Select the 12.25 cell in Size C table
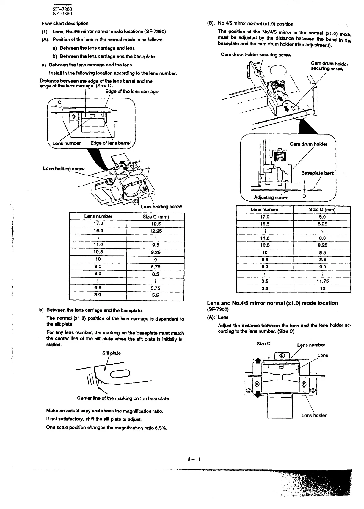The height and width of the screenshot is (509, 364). coord(155,231)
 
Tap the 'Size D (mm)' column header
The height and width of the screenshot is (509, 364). coord(322,210)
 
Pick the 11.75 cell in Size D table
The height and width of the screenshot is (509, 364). coord(322,281)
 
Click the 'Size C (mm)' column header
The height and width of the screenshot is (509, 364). coord(155,217)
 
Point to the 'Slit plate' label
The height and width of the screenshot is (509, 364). coord(111,353)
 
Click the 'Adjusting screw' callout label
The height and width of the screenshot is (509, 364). coord(271,197)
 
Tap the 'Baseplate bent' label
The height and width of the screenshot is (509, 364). coord(317,173)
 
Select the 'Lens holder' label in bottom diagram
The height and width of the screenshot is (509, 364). coord(314,415)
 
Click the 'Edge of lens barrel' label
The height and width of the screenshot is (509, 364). coord(110,143)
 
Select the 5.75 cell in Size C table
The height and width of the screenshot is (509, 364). coord(155,288)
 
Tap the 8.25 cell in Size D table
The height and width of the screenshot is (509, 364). coord(322,245)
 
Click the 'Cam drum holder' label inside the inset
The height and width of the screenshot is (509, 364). coord(308,144)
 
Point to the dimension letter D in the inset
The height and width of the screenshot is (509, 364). coord(304,196)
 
